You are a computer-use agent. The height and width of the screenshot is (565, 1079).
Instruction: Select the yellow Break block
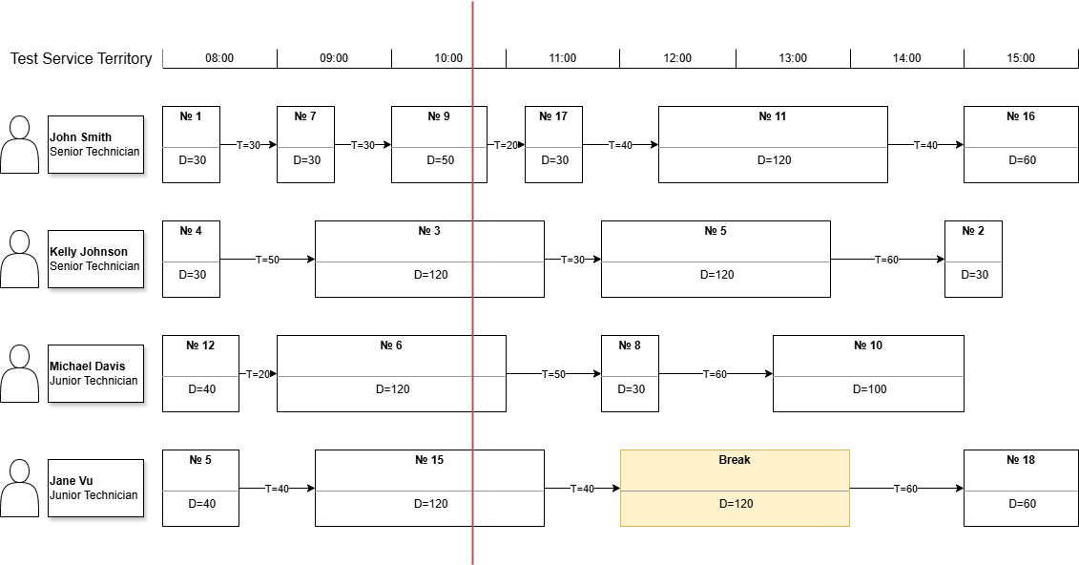[735, 488]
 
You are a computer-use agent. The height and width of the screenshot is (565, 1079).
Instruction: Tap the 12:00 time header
[677, 58]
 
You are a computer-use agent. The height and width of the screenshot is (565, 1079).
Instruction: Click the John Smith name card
[95, 144]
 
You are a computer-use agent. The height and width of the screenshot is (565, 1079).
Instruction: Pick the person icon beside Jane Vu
[19, 488]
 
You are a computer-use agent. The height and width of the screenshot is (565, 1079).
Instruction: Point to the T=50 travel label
[267, 260]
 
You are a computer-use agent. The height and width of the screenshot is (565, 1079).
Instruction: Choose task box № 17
[553, 144]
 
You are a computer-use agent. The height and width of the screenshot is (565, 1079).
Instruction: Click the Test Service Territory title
[81, 58]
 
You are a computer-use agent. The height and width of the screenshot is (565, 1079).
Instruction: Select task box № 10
[868, 373]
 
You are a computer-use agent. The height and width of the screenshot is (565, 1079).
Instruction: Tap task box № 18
[1021, 488]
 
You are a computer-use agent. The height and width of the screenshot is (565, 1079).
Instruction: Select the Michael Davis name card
[95, 373]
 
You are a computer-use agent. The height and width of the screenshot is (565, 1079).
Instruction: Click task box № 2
[973, 259]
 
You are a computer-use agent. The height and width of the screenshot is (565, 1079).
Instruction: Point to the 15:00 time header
[1021, 58]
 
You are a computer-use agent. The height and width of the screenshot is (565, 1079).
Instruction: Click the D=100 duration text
[868, 389]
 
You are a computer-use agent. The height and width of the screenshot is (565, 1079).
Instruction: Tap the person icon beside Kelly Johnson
[19, 259]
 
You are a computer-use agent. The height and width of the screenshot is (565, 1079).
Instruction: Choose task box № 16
[1021, 144]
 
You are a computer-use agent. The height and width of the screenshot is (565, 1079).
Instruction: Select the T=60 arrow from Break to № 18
[906, 489]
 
